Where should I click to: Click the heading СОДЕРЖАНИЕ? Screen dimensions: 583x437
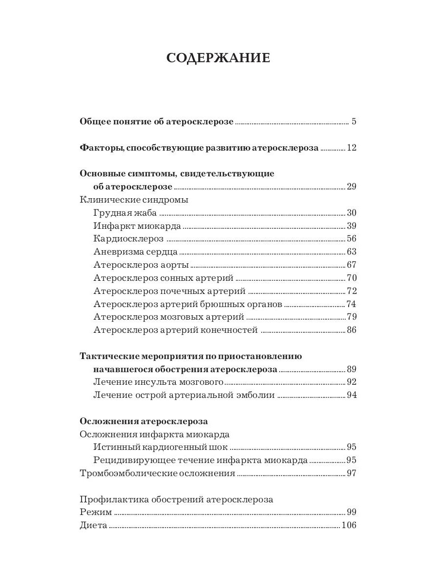(x=218, y=58)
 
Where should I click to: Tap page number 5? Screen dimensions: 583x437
(x=354, y=121)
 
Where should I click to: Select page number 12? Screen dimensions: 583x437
(x=352, y=148)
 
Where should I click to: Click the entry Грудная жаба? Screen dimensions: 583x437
(x=126, y=213)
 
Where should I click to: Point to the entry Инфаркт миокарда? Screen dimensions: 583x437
(x=137, y=226)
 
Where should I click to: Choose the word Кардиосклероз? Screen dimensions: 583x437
(x=128, y=239)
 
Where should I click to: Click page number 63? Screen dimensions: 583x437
(x=352, y=252)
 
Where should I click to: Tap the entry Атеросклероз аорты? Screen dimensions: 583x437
(x=141, y=265)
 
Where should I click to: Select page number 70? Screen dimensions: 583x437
(x=352, y=278)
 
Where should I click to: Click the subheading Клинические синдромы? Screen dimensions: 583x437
(x=134, y=200)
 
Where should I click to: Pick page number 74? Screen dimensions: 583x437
(x=352, y=304)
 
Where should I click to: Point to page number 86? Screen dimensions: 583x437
(x=352, y=330)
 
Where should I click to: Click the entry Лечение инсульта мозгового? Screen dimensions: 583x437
(x=158, y=382)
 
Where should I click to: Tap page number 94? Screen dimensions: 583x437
(x=352, y=395)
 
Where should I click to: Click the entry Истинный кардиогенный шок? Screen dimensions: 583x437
(x=161, y=447)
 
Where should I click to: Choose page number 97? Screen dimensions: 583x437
(x=352, y=473)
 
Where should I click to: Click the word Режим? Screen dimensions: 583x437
(x=96, y=512)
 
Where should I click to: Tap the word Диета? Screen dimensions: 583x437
(x=93, y=526)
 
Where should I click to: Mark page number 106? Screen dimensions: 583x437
(x=349, y=526)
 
